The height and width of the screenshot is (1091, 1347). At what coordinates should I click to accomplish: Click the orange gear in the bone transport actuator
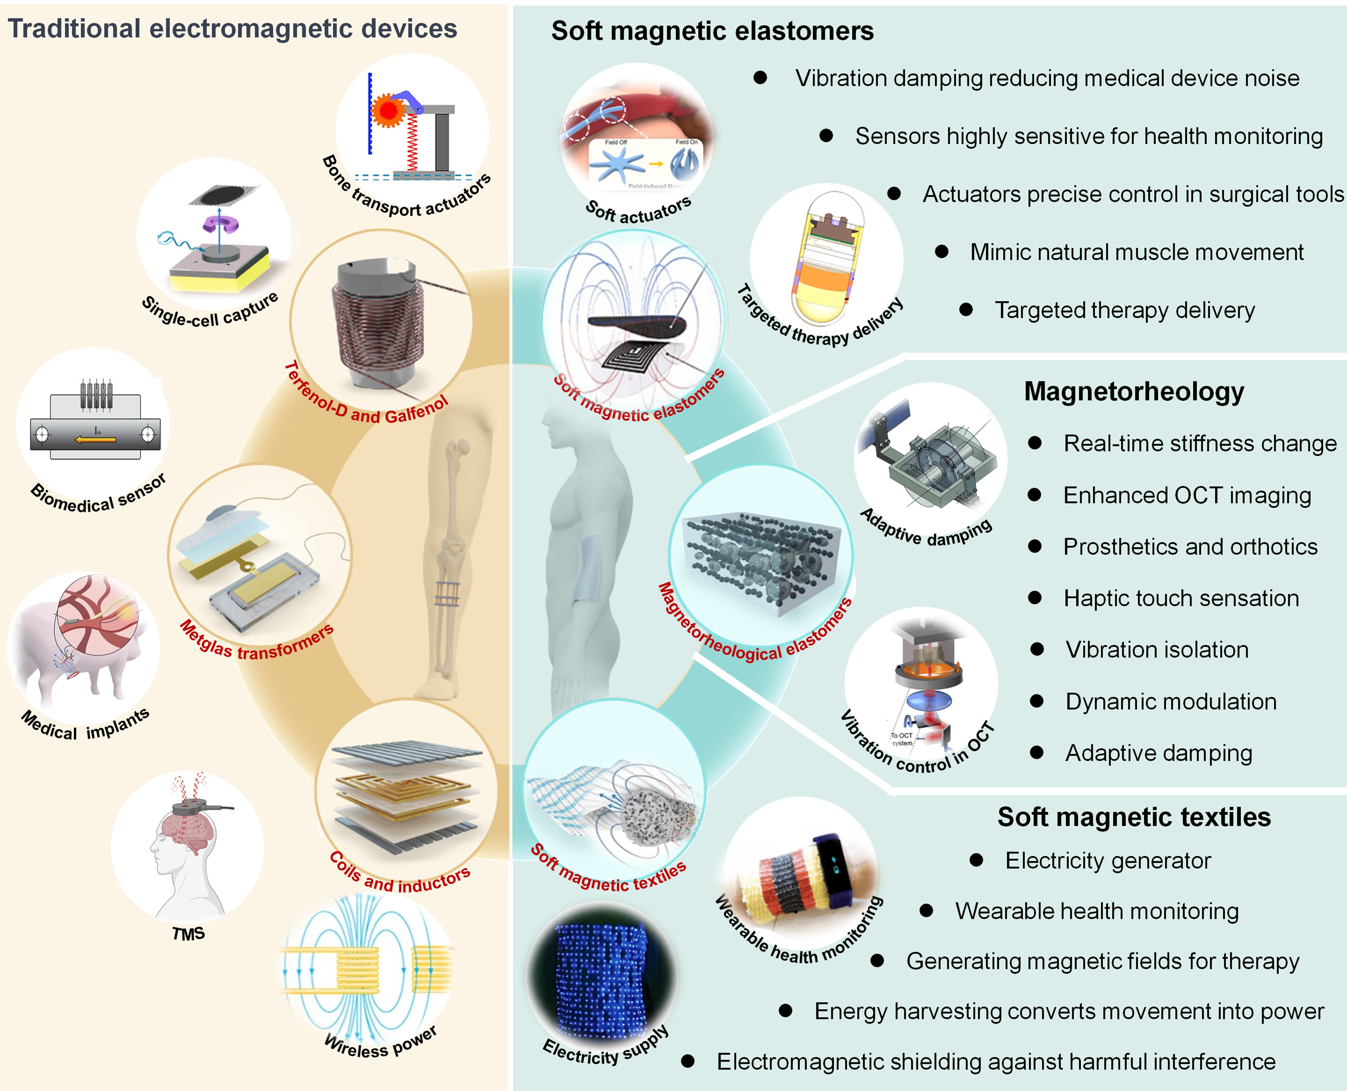388,111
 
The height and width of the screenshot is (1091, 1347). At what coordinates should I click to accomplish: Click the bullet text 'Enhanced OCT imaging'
1187,495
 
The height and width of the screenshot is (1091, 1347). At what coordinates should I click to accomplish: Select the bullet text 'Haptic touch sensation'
1181,598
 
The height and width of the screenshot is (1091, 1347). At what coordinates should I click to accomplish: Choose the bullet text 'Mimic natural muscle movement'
1136,252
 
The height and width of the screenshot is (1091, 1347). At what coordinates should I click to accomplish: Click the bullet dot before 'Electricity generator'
976,860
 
